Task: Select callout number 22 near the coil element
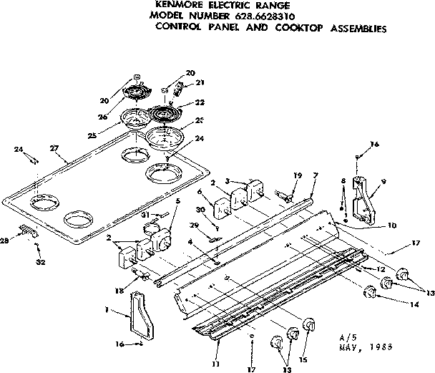point(190,102)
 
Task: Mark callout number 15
point(303,358)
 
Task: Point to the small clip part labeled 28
point(27,230)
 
